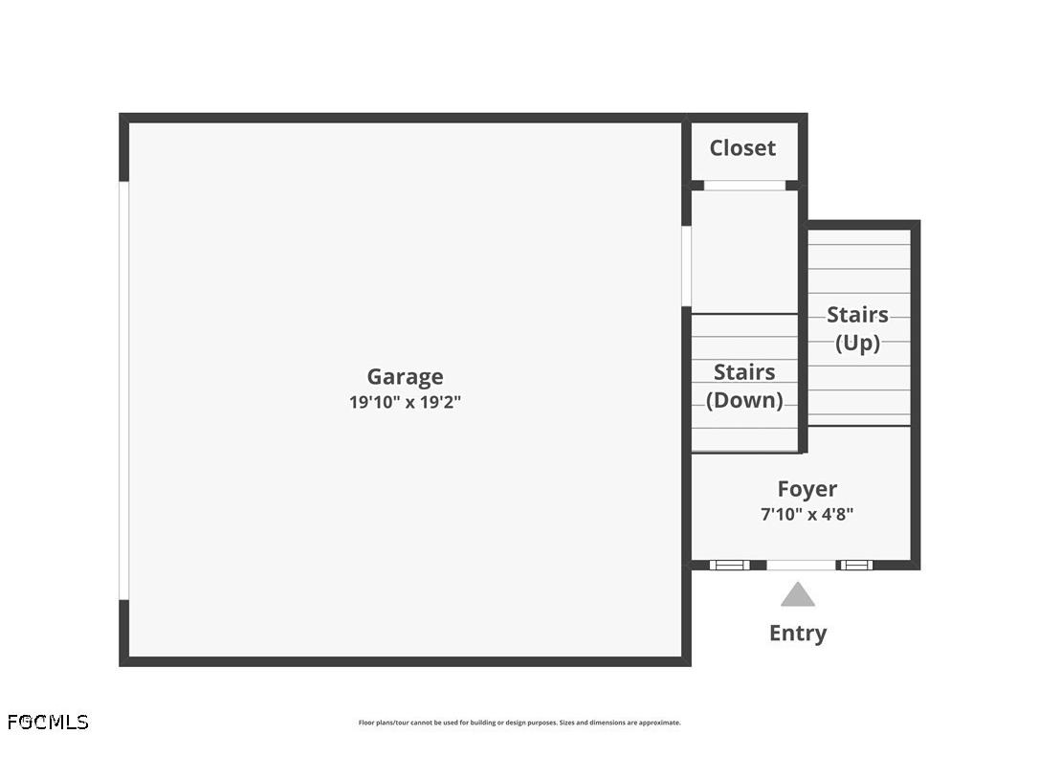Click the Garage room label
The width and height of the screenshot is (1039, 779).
pyautogui.click(x=405, y=377)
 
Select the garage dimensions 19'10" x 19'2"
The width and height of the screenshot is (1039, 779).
pyautogui.click(x=405, y=403)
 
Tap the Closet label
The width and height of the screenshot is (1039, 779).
pyautogui.click(x=742, y=148)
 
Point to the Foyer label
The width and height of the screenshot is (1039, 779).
pyautogui.click(x=807, y=490)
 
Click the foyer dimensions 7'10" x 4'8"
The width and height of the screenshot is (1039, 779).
pyautogui.click(x=807, y=514)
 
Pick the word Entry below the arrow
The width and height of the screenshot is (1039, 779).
pyautogui.click(x=798, y=634)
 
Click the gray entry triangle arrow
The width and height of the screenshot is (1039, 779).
pyautogui.click(x=798, y=596)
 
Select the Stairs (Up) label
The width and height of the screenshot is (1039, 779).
pyautogui.click(x=857, y=328)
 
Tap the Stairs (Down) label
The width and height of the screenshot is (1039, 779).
pyautogui.click(x=744, y=386)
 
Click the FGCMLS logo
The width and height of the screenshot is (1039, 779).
pyautogui.click(x=48, y=722)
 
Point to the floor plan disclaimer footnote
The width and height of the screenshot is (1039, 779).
pyautogui.click(x=519, y=723)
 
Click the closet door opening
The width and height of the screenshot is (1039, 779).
pyautogui.click(x=744, y=186)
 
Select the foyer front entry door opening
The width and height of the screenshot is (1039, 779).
pyautogui.click(x=801, y=565)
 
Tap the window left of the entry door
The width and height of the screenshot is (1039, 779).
pyautogui.click(x=730, y=565)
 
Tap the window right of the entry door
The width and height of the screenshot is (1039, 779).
pyautogui.click(x=855, y=565)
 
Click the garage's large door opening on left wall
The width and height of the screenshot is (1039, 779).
pyautogui.click(x=123, y=390)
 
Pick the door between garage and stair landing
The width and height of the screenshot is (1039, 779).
pyautogui.click(x=686, y=265)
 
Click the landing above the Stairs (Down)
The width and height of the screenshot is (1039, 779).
pyautogui.click(x=744, y=252)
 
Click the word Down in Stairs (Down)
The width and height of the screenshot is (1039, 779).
pyautogui.click(x=744, y=400)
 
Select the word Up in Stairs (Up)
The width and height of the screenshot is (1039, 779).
pyautogui.click(x=857, y=343)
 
